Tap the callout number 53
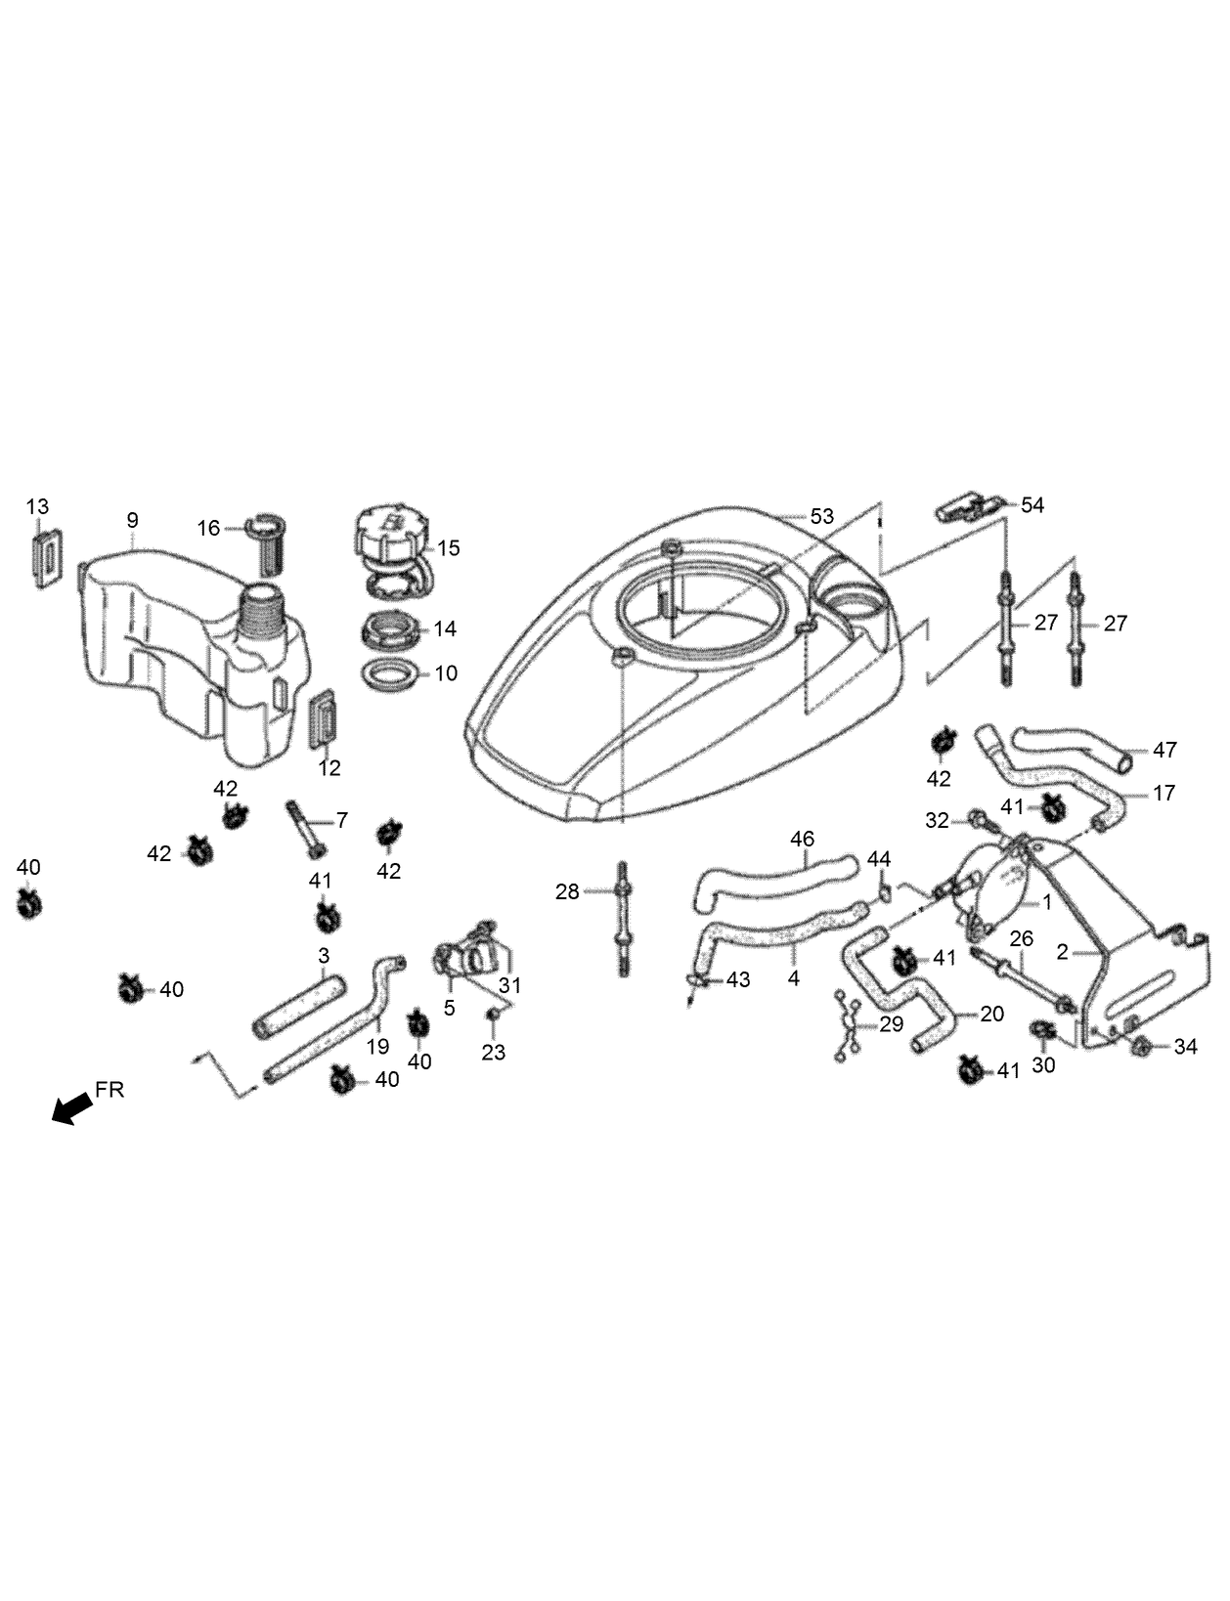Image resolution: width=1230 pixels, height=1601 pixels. (x=822, y=515)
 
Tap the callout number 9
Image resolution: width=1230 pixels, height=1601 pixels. (x=133, y=520)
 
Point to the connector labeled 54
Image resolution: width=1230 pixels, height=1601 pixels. (x=968, y=508)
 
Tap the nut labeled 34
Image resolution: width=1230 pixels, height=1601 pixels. (x=1140, y=1048)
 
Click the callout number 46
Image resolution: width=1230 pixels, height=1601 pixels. (x=802, y=839)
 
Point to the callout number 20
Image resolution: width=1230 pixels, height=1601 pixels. (x=991, y=1015)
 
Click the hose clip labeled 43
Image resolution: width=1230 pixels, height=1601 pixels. (x=694, y=979)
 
